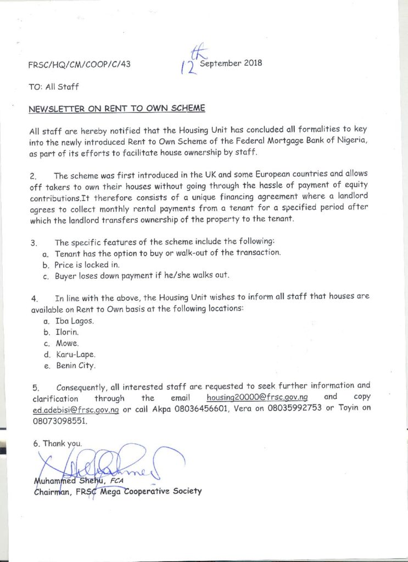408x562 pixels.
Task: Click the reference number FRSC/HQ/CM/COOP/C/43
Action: tap(79, 65)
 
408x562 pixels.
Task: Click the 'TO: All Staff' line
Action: tap(54, 87)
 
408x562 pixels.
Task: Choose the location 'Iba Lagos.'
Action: tap(75, 321)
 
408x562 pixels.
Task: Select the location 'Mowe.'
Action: tap(67, 344)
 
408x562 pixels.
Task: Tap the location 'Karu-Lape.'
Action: tap(75, 355)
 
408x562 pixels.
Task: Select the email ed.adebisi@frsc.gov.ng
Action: tap(76, 409)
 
